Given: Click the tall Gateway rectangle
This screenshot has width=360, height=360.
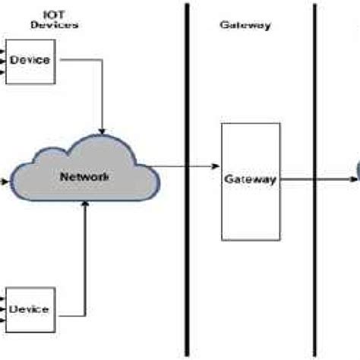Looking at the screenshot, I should [247, 181].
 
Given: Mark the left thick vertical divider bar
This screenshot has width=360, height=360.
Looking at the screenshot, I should [186, 180].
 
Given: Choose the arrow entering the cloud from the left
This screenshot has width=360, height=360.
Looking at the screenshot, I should [5, 182].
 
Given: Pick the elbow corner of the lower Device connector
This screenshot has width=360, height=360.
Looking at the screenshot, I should [86, 314].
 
